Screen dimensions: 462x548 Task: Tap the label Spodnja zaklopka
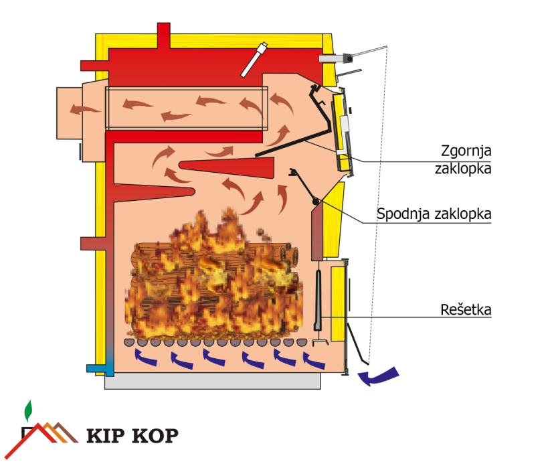click(434, 214)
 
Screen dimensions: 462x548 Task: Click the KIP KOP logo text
click(133, 436)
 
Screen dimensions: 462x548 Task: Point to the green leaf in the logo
click(27, 410)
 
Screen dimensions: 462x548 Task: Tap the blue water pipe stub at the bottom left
click(96, 369)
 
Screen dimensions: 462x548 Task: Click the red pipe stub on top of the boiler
click(163, 35)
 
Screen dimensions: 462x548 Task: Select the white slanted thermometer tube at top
click(254, 60)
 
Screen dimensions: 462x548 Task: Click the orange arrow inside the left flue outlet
click(83, 108)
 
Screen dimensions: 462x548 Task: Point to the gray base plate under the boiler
click(212, 382)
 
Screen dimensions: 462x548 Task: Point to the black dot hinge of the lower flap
click(314, 201)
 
